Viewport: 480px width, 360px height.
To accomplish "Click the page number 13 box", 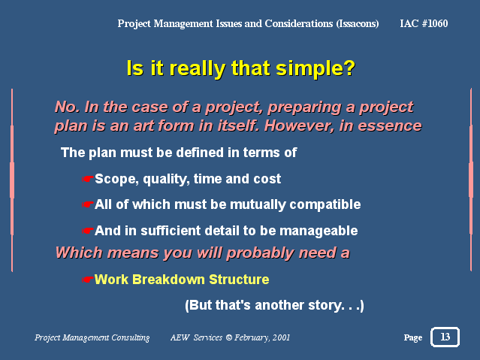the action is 445,337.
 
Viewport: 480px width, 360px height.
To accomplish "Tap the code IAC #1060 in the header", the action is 424,23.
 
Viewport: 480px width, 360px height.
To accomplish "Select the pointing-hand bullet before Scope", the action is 88,179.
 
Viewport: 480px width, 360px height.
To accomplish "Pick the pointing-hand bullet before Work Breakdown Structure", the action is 88,280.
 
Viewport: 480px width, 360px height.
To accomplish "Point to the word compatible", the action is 325,204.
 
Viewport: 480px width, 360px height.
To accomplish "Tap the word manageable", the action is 318,231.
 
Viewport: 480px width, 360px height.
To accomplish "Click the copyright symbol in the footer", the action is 229,337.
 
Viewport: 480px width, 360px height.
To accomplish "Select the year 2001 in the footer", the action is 281,337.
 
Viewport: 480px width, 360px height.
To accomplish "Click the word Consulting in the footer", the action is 131,337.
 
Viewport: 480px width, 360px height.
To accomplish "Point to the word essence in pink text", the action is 390,126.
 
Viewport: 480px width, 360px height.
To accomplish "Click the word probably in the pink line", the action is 260,253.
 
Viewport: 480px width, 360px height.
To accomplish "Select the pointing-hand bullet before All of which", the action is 88,204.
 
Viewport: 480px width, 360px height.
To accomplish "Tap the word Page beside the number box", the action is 413,337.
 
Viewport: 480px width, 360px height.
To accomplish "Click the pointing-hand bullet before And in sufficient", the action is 88,231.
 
